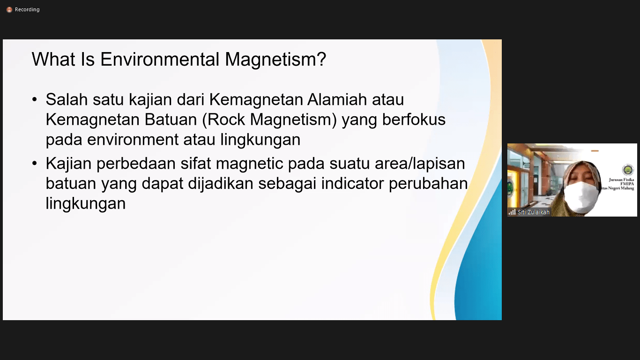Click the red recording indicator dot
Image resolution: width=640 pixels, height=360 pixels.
click(x=9, y=10)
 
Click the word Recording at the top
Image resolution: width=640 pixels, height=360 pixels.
click(x=27, y=10)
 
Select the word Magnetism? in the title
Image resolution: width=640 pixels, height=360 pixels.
click(x=275, y=59)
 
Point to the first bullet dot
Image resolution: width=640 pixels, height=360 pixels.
click(x=35, y=100)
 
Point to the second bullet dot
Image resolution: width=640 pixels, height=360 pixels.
click(x=35, y=164)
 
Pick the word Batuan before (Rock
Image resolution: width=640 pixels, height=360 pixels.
click(x=171, y=120)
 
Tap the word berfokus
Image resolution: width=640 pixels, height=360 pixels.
click(x=414, y=120)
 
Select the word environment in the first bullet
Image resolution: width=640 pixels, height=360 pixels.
click(x=133, y=140)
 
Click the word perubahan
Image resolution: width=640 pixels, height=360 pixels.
click(x=428, y=184)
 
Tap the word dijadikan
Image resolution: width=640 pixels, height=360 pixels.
click(x=221, y=184)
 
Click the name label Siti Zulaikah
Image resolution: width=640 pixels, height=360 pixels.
click(x=534, y=212)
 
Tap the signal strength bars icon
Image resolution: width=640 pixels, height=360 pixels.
click(x=512, y=212)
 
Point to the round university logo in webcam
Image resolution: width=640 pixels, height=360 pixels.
click(x=628, y=170)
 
